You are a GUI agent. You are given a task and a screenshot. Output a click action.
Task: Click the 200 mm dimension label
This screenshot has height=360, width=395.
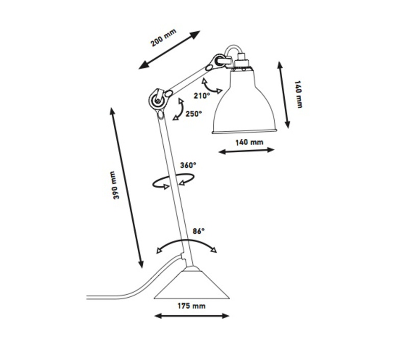(x=163, y=38)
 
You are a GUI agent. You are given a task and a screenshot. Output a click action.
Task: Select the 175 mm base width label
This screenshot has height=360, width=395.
(x=191, y=306)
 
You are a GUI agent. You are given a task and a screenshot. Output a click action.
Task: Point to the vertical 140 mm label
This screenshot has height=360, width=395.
(x=298, y=94)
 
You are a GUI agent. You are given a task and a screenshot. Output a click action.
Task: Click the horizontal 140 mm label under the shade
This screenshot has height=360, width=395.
(x=250, y=142)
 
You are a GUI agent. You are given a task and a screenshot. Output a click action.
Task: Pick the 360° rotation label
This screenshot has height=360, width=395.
(x=188, y=165)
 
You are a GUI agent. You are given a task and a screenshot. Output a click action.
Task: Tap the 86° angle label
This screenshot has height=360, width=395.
(x=199, y=231)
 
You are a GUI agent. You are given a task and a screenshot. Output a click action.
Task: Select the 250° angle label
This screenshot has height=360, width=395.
(x=194, y=114)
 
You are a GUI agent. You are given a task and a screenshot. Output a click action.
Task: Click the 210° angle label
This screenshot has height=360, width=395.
(x=202, y=96)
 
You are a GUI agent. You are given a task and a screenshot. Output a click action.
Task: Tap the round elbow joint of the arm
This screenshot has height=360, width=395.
(x=157, y=100)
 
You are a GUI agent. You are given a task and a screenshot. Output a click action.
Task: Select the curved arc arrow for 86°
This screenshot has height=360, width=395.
(x=186, y=241)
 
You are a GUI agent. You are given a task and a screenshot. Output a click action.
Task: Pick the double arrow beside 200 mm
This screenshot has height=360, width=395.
(x=169, y=50)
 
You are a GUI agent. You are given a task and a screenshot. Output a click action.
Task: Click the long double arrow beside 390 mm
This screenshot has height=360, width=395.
(x=127, y=187)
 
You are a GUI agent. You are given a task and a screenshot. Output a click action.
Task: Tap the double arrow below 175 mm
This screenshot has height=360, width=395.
(x=192, y=316)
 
